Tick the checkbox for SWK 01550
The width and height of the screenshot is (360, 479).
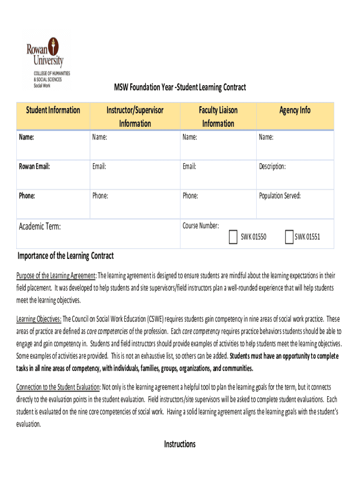pyautogui.click(x=233, y=237)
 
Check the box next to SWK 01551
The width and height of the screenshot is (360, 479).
pyautogui.click(x=288, y=237)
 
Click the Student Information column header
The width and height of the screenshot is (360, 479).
pyautogui.click(x=53, y=110)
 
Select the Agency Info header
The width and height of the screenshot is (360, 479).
pyautogui.click(x=295, y=110)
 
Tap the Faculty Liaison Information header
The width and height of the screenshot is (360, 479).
pyautogui.click(x=218, y=116)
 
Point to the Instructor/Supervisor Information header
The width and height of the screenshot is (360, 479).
pyautogui.click(x=135, y=116)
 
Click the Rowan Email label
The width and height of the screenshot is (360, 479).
pyautogui.click(x=34, y=167)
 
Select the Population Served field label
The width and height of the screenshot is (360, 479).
pyautogui.click(x=280, y=196)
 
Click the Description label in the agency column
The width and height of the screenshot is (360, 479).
pyautogui.click(x=272, y=167)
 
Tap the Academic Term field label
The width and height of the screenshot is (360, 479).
pyautogui.click(x=40, y=227)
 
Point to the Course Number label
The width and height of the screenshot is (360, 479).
pyautogui.click(x=201, y=225)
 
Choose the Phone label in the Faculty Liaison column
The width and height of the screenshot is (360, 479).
pyautogui.click(x=190, y=196)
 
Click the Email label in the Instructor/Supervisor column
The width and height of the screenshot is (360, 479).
pyautogui.click(x=99, y=167)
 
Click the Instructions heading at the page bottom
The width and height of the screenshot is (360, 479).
pyautogui.click(x=180, y=444)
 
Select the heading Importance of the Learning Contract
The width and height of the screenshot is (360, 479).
pyautogui.click(x=65, y=256)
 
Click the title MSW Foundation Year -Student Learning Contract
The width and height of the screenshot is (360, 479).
pyautogui.click(x=180, y=87)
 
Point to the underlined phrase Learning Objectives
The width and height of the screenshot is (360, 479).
pyautogui.click(x=39, y=319)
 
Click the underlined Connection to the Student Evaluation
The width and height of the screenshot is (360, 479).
pyautogui.click(x=58, y=387)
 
